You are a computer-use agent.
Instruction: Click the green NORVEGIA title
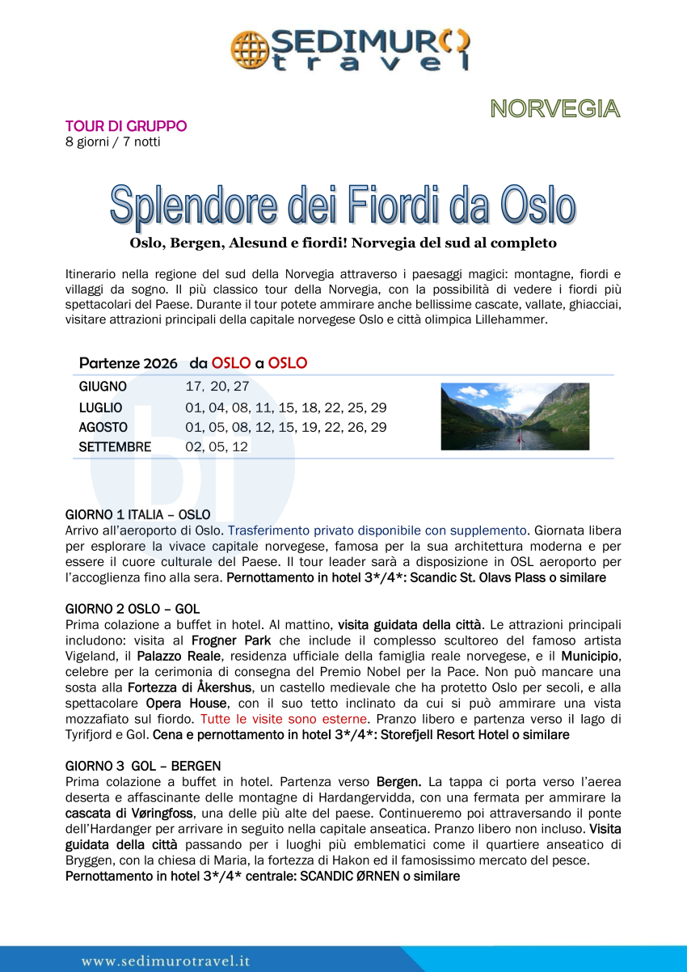(x=554, y=108)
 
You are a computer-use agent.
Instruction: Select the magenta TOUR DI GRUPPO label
(x=126, y=126)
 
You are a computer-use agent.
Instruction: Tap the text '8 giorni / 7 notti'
(x=112, y=142)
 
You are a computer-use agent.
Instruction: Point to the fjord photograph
(x=515, y=416)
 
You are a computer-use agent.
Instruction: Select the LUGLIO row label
(x=101, y=408)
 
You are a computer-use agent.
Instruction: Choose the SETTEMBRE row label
(x=115, y=447)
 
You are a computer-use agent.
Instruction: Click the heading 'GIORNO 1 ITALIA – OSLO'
(x=137, y=515)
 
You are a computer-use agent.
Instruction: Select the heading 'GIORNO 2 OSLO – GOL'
(x=132, y=609)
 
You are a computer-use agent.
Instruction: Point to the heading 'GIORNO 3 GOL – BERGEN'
(x=143, y=766)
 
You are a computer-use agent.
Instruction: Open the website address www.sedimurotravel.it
(x=166, y=961)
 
